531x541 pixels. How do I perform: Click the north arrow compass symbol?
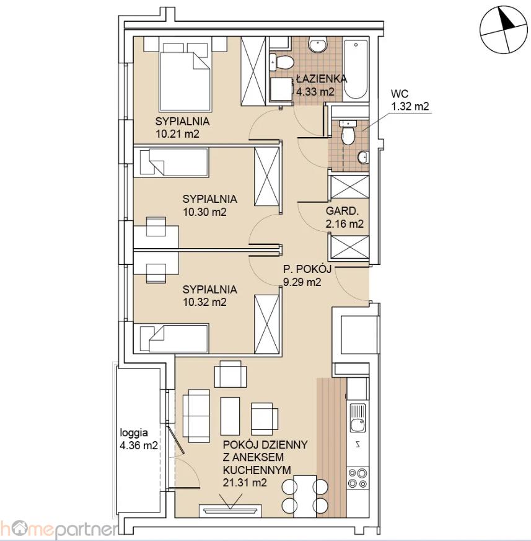(504, 30)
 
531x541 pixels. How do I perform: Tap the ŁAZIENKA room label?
(322, 79)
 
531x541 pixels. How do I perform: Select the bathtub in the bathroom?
(356, 70)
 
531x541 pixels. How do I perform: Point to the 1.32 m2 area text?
(410, 106)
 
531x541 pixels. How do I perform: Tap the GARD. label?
(341, 210)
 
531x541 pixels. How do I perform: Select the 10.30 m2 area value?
(204, 212)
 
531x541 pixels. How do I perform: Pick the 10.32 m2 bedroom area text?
(204, 302)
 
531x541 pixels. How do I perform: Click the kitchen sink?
(358, 418)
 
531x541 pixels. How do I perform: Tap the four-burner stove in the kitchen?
(358, 478)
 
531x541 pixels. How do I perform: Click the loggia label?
(134, 432)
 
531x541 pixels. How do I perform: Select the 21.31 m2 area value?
(245, 482)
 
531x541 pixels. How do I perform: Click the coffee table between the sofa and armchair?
(230, 416)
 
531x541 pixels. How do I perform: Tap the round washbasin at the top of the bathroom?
(318, 45)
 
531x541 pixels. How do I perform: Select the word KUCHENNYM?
(257, 470)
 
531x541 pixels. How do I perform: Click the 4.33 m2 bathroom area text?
(315, 92)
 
